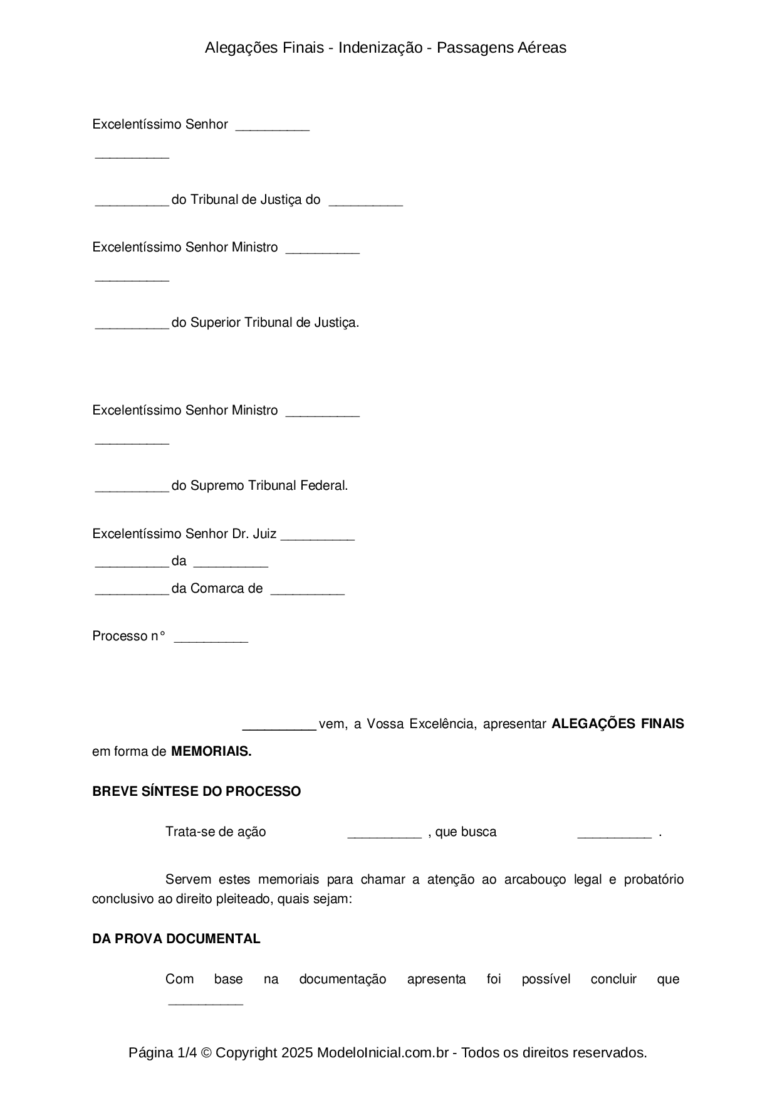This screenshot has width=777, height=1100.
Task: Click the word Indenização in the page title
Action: point(380,48)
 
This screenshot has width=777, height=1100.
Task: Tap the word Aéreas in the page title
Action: point(542,48)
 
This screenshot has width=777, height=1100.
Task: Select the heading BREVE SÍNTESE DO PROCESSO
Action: point(196,791)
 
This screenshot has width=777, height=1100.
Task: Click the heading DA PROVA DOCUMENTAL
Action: point(176,939)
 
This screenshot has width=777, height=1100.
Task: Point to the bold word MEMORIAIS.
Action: point(211,751)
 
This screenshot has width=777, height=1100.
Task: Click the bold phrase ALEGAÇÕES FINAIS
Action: point(617,724)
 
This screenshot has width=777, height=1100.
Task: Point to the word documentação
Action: point(343,979)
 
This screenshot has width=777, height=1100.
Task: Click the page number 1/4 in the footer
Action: point(187,1052)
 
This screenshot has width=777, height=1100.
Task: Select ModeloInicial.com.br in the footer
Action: point(383,1052)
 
